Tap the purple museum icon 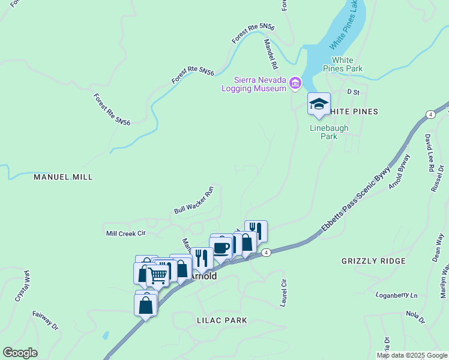(x=295, y=83)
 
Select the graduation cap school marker (x=319, y=104)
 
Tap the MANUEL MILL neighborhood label (x=63, y=178)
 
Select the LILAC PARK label (x=221, y=320)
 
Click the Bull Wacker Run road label (x=194, y=200)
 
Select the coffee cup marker (x=221, y=248)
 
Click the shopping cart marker (x=157, y=275)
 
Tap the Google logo (x=20, y=353)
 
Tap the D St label (x=353, y=92)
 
